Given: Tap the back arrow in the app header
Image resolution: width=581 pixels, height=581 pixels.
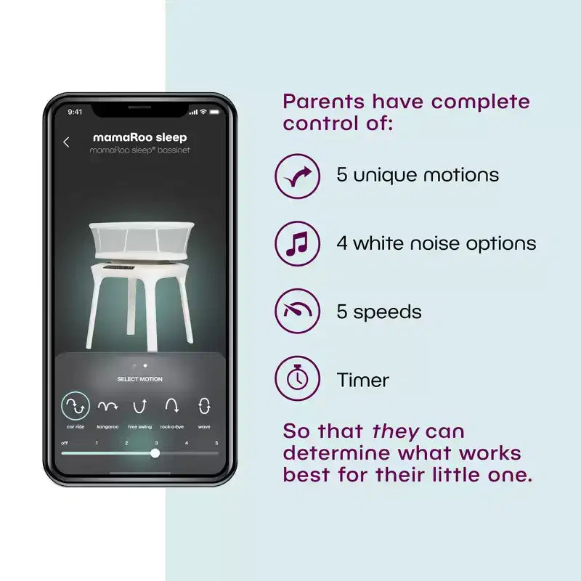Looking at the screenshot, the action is (x=66, y=142).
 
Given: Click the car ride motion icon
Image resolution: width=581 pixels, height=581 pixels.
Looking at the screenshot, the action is (x=76, y=406).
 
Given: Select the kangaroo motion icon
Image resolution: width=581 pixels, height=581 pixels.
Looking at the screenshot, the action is (x=107, y=407).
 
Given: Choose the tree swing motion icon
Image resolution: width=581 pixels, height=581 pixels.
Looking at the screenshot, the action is (x=139, y=407).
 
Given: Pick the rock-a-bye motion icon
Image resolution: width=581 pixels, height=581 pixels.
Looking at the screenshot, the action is (x=172, y=406).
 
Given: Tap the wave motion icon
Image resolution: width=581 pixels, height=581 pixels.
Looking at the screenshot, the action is (x=204, y=406).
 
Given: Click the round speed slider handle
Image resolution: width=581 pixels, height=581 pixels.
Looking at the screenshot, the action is (x=155, y=452).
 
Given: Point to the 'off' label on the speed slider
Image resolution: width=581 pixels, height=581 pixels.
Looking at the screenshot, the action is (x=65, y=443).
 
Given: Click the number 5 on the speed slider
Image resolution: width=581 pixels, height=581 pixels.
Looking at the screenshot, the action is (x=216, y=443).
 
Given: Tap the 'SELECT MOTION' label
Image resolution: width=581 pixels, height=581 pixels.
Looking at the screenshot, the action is (x=139, y=379).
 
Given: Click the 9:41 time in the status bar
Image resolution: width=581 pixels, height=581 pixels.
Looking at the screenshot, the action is (x=75, y=112).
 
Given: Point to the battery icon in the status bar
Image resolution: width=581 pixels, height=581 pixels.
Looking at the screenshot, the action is (x=214, y=112).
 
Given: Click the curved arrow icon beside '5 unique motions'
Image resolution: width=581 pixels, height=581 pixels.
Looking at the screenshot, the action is (x=298, y=176).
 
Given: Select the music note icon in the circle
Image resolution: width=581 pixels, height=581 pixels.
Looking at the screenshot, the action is (x=297, y=244).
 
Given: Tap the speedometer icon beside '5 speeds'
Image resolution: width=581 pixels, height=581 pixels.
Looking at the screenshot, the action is (x=298, y=310).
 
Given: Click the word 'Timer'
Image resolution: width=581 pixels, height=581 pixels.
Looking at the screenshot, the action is (x=362, y=380).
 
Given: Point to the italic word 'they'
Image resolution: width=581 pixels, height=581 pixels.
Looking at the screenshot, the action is (x=395, y=432).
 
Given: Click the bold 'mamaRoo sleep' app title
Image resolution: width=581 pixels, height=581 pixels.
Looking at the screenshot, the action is (x=139, y=137).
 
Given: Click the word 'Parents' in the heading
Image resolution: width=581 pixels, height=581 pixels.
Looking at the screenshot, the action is (x=323, y=102).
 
